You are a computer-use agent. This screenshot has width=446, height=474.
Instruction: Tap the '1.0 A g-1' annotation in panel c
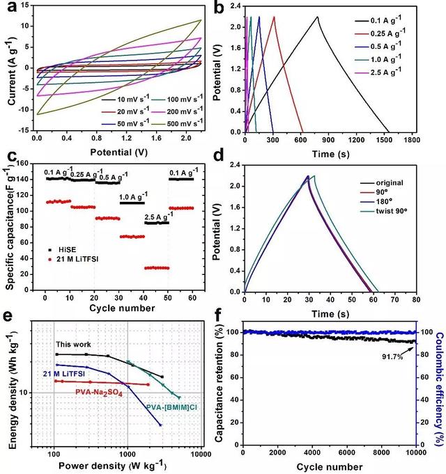132,197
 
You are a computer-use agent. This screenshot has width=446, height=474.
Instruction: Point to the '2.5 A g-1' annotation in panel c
157,217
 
